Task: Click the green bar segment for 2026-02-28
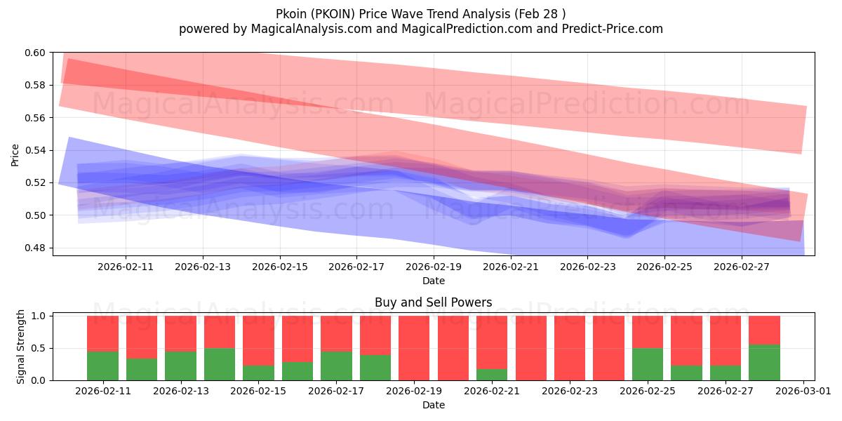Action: [x=764, y=362]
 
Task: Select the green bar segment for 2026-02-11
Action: [x=102, y=366]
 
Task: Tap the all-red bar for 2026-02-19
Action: [x=414, y=348]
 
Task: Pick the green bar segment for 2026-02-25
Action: [x=648, y=364]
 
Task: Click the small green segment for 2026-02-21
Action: [x=492, y=375]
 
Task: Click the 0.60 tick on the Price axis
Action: [x=34, y=53]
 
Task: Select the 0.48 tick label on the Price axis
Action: [x=34, y=248]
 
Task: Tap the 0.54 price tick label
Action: [x=34, y=150]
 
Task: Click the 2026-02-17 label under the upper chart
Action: [x=356, y=267]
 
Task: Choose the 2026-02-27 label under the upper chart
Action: [x=742, y=267]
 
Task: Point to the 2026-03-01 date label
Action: [x=803, y=391]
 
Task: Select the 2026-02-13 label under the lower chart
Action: [x=181, y=391]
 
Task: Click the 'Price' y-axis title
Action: [x=15, y=155]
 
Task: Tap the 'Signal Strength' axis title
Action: [x=20, y=347]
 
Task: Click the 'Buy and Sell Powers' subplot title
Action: [x=434, y=302]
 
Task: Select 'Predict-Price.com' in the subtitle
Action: [x=613, y=29]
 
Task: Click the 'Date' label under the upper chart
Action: [x=434, y=281]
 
